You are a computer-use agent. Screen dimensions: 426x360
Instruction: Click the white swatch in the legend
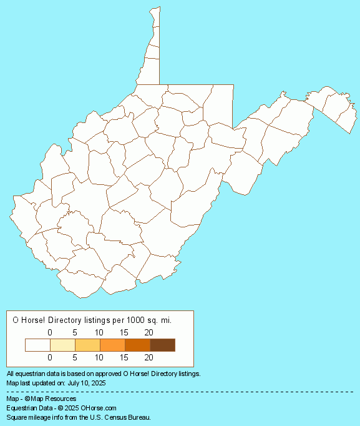coord(37,345)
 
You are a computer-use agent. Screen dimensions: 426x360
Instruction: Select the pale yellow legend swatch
coord(62,345)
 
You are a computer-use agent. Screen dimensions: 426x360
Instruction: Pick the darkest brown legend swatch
coord(162,345)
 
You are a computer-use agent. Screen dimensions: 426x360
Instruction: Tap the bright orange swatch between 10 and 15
coord(112,345)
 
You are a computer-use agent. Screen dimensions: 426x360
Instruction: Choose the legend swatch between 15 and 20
coord(137,345)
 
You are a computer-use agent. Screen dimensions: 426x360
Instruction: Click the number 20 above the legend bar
coord(148,332)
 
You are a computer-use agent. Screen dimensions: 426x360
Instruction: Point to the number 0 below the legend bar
coord(50,358)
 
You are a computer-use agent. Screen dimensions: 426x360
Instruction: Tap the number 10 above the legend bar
coord(99,332)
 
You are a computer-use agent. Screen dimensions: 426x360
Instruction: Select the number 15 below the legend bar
coord(124,358)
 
